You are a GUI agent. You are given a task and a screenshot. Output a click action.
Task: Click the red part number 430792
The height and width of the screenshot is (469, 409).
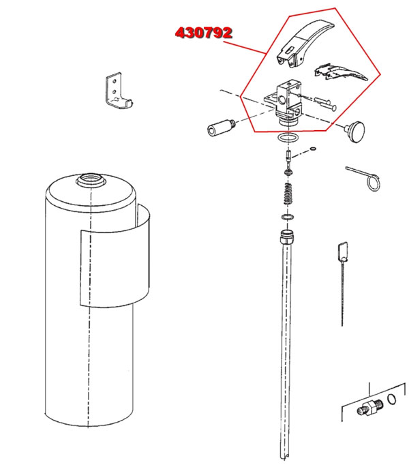coord(203,33)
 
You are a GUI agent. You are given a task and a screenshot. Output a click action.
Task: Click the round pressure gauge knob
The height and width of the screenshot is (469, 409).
coord(355,131)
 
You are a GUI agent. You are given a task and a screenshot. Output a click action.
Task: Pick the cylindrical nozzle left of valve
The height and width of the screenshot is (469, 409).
coord(222,127)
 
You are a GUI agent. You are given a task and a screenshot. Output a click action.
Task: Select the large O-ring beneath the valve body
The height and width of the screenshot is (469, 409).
coord(288,138)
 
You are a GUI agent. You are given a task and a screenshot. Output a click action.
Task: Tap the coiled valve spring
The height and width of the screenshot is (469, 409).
coord(288,194)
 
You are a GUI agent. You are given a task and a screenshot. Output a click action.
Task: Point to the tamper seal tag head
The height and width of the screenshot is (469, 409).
coord(343,251)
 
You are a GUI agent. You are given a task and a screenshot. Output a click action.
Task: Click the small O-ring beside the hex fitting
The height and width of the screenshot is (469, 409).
coord(392,399)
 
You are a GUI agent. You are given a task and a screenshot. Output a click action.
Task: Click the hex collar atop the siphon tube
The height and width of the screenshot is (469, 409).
coord(287,237)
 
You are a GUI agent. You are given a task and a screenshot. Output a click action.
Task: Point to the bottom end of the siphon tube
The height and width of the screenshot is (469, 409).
coord(284,457)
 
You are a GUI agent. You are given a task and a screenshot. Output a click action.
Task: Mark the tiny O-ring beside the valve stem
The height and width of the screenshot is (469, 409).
coord(313,149)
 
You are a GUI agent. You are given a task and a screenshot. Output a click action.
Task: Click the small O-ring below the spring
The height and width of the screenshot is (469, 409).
coord(288,217)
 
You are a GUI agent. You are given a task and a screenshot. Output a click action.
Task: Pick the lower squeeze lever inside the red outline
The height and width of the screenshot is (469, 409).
coord(341,72)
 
